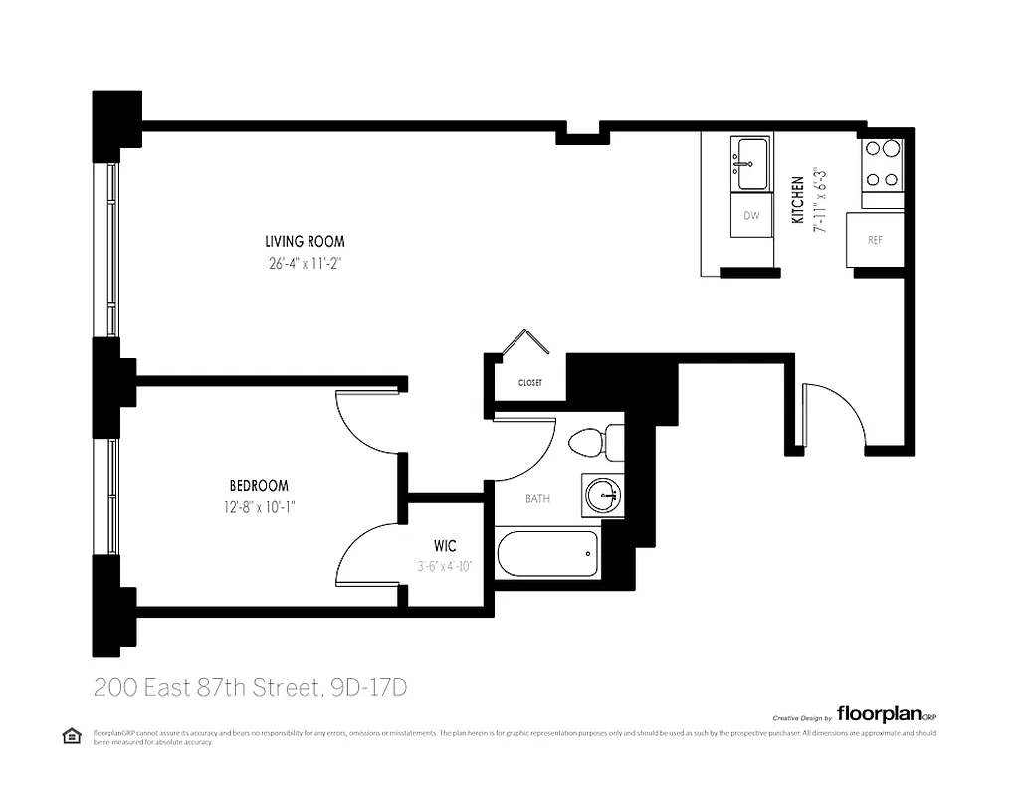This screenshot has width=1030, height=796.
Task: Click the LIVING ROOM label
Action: [x=305, y=241]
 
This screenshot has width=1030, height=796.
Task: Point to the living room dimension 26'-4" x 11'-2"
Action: [x=305, y=263]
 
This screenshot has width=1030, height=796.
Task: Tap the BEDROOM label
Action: [x=259, y=486]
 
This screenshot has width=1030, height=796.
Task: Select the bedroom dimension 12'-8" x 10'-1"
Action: [x=259, y=506]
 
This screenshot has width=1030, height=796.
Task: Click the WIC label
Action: [x=445, y=547]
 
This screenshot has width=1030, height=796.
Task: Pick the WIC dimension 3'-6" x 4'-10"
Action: [x=445, y=566]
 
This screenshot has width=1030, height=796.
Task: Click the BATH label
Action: [x=537, y=498]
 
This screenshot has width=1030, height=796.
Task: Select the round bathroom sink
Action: [x=604, y=495]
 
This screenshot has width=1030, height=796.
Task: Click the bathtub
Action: [x=547, y=554]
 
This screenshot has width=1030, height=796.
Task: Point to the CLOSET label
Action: [x=529, y=382]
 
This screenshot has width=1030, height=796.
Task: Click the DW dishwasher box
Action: [x=751, y=216]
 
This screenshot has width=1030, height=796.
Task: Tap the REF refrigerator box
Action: [x=875, y=240]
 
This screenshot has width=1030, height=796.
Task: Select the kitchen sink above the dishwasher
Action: [x=751, y=162]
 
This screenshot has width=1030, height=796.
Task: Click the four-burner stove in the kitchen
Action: [x=882, y=164]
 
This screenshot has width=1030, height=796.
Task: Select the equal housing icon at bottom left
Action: [x=71, y=735]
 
